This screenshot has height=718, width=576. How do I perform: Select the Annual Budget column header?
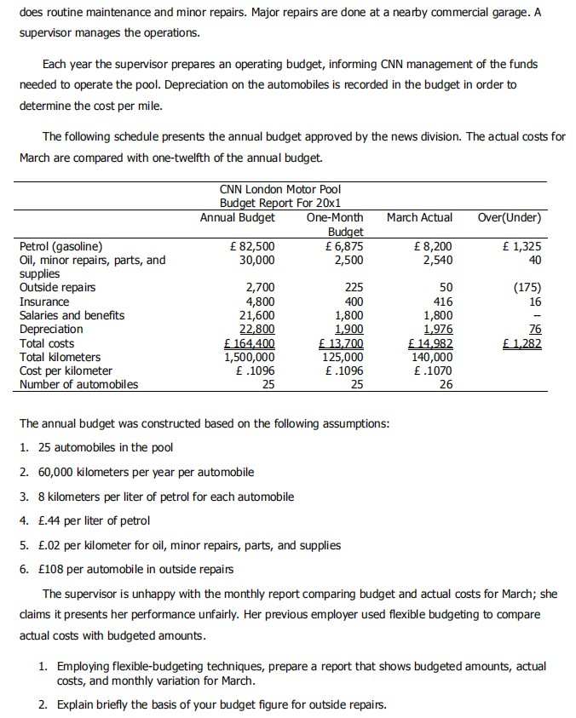click(x=237, y=217)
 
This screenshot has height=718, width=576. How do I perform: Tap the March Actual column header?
click(x=419, y=217)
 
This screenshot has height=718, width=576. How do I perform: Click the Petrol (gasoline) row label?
click(x=61, y=247)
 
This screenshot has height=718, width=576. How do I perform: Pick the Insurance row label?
click(x=44, y=302)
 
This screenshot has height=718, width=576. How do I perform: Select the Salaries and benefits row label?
click(x=72, y=315)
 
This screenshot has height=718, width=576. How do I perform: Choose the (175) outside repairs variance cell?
click(x=530, y=288)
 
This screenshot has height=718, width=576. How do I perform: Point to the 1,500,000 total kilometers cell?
click(x=246, y=357)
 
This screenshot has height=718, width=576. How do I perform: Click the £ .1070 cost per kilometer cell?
click(x=432, y=370)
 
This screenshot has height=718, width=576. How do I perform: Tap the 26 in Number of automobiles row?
click(x=446, y=384)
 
